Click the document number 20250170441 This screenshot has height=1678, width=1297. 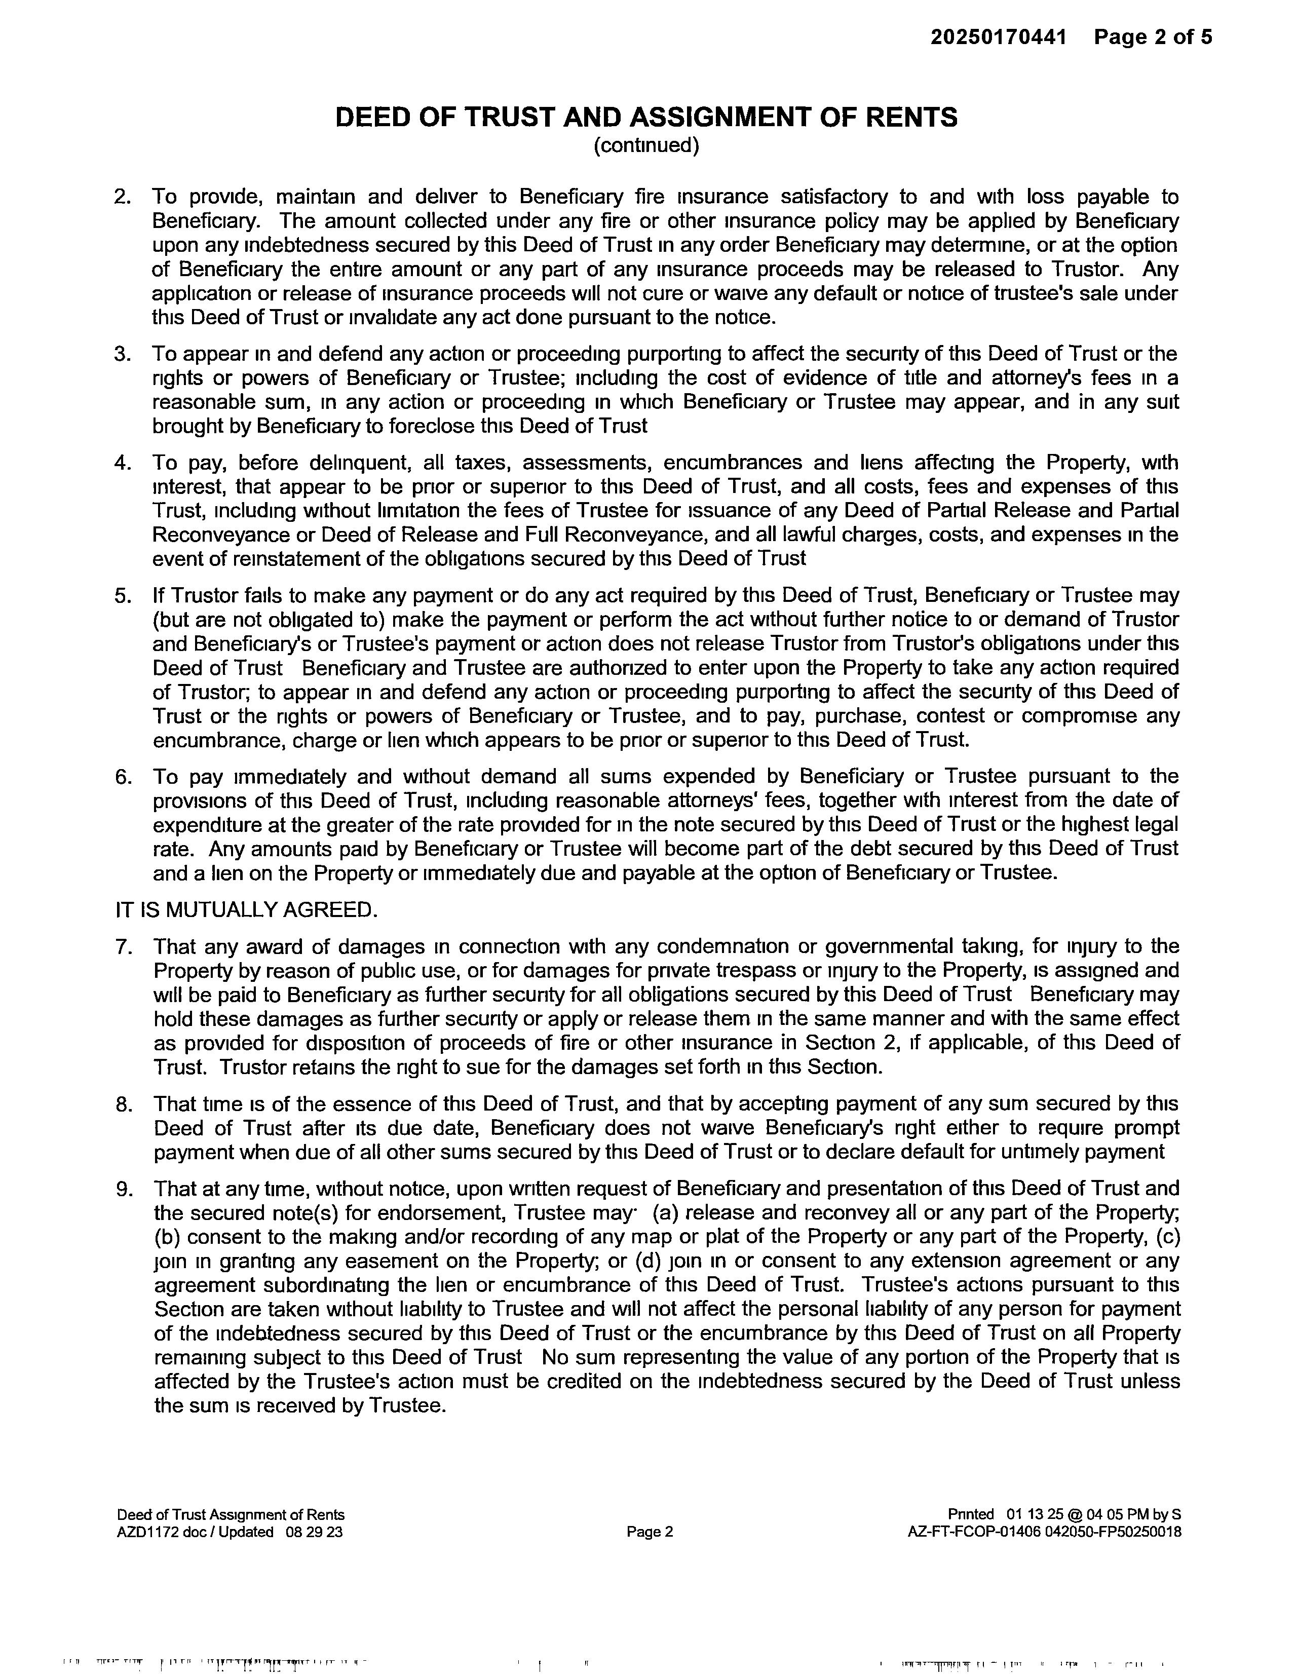998,37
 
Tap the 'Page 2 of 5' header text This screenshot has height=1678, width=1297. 1153,37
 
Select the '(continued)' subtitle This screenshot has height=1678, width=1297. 646,145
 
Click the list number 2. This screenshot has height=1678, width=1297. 122,198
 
